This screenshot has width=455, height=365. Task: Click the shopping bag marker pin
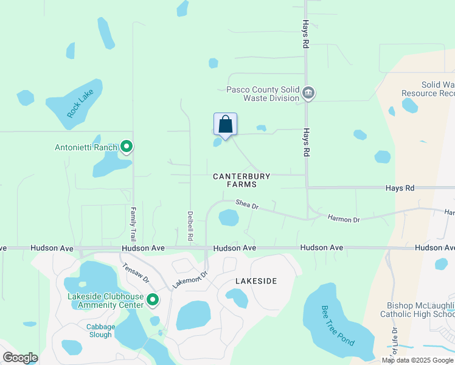(x=225, y=125)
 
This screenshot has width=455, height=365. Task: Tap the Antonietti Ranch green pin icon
(x=127, y=146)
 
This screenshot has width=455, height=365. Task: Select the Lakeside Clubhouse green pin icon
(x=153, y=299)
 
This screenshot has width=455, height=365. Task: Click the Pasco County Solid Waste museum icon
(x=308, y=93)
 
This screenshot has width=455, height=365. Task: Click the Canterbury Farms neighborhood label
(x=241, y=180)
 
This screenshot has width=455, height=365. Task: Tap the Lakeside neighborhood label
(x=256, y=281)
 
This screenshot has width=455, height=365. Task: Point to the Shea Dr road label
(x=248, y=206)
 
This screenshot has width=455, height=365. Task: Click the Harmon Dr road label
(x=344, y=218)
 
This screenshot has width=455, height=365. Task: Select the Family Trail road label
(x=133, y=223)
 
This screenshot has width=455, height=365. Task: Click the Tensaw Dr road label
(x=136, y=273)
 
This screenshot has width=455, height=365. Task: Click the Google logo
(x=20, y=358)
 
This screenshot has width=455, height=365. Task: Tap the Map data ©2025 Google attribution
(x=417, y=360)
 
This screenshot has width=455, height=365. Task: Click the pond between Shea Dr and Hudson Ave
(x=229, y=217)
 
